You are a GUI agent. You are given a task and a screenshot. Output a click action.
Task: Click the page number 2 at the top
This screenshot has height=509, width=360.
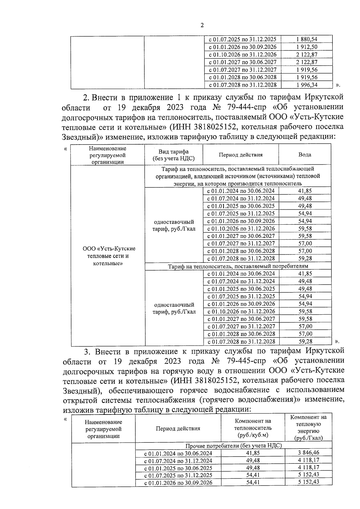pyautogui.click(x=202, y=25)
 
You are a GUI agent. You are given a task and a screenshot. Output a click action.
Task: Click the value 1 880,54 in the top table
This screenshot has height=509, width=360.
pyautogui.click(x=307, y=39)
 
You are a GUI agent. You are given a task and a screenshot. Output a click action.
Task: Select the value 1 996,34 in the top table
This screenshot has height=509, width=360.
pyautogui.click(x=307, y=85)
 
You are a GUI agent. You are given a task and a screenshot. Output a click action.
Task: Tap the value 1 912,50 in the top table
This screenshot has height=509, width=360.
pyautogui.click(x=307, y=47)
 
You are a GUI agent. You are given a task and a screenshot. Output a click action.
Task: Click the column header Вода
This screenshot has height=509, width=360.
pyautogui.click(x=304, y=155)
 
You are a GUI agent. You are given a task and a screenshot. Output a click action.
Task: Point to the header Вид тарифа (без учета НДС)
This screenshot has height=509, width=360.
pyautogui.click(x=173, y=155)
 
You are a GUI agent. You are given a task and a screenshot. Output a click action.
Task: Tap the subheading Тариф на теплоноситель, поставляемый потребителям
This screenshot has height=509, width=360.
pyautogui.click(x=238, y=266)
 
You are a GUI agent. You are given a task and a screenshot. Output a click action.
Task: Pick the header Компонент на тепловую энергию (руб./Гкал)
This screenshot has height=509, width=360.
pyautogui.click(x=308, y=427)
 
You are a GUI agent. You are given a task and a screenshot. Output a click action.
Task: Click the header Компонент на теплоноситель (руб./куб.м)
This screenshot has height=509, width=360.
pyautogui.click(x=253, y=428)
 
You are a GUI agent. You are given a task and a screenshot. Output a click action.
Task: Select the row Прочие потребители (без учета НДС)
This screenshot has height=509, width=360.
pyautogui.click(x=234, y=446)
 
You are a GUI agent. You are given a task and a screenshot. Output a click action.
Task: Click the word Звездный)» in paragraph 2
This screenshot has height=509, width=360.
pyautogui.click(x=79, y=137)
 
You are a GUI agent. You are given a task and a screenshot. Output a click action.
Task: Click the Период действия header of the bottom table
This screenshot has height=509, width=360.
pyautogui.click(x=178, y=428)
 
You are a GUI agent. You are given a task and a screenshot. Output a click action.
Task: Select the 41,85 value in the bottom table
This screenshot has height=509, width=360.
pyautogui.click(x=253, y=453)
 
